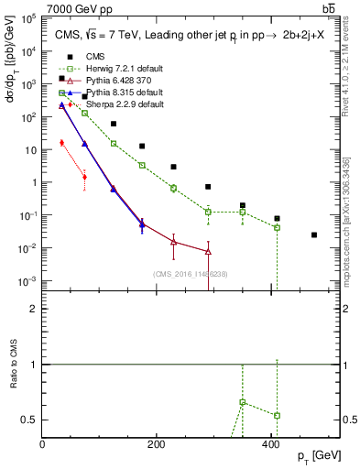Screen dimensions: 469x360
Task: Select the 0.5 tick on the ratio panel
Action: [x=30, y=420]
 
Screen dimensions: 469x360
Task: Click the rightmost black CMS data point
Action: [x=314, y=235]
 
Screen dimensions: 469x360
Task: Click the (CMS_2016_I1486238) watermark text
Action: [x=191, y=274]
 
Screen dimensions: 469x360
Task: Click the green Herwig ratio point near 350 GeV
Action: [x=242, y=402]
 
